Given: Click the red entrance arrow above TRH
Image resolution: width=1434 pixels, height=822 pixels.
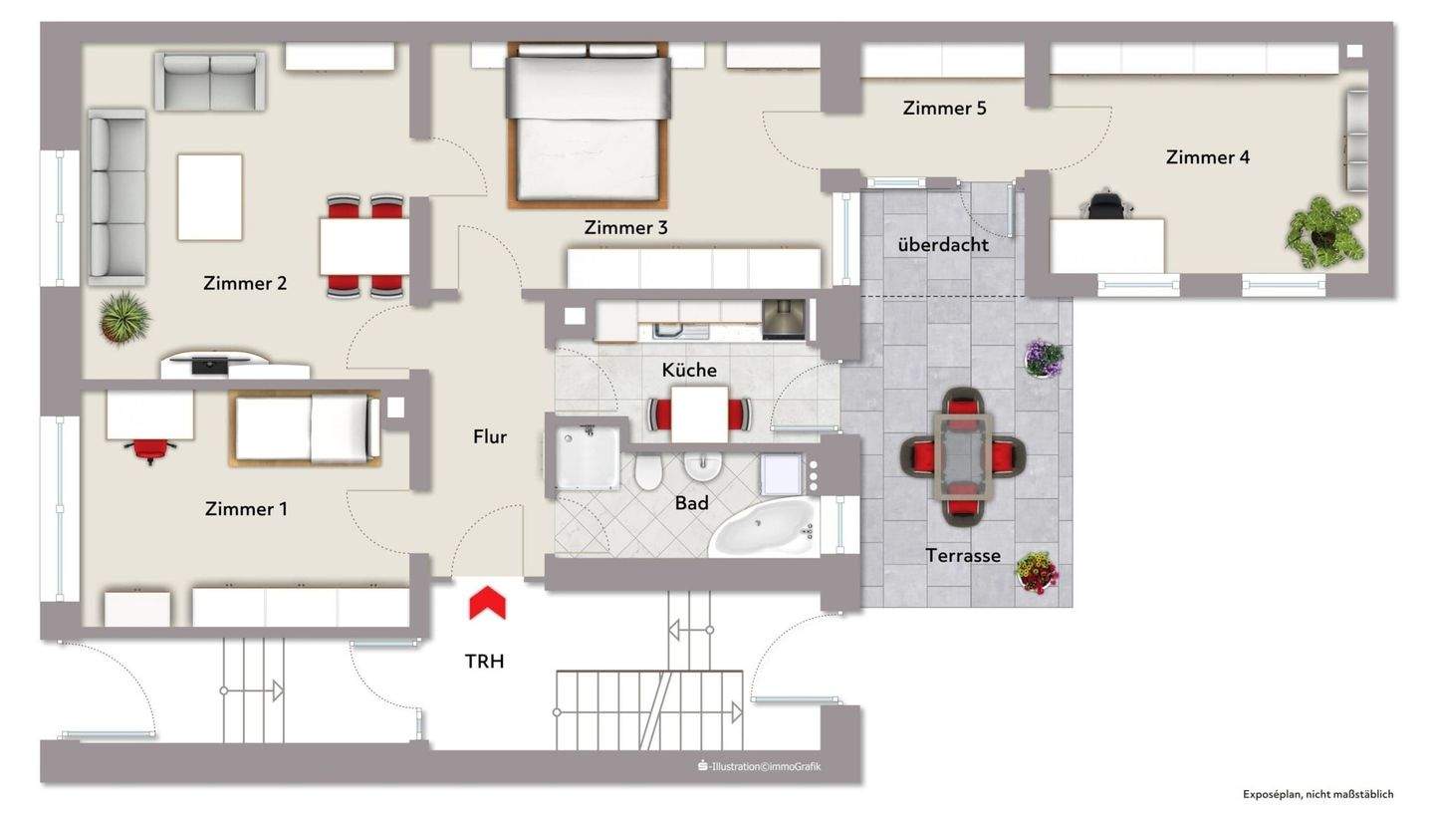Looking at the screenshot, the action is [487, 603].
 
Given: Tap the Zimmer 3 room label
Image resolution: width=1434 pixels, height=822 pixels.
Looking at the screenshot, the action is [625, 227].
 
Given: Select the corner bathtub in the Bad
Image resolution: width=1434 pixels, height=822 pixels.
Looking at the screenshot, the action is [765, 527].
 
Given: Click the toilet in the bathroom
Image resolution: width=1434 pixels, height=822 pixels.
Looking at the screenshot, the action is [648, 471].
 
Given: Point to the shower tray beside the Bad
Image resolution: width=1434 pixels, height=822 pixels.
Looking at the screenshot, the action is [588, 457].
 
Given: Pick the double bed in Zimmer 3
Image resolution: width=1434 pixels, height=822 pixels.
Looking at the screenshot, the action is [589, 125].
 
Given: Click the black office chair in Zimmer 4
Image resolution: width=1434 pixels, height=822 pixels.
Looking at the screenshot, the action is [1105, 204].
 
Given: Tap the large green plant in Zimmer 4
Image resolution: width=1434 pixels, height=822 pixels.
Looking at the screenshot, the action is [1323, 231].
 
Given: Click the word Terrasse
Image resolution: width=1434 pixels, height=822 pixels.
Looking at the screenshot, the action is [963, 556].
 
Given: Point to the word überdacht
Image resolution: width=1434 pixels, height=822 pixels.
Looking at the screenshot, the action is [943, 244].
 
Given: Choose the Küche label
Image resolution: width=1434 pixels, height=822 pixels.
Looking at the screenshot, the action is [689, 370].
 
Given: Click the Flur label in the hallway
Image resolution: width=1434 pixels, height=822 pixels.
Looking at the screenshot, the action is [490, 437].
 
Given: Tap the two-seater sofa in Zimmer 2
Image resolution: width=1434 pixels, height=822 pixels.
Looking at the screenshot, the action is [210, 81].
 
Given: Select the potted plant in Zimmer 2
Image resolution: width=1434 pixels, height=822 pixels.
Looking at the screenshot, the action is [124, 317].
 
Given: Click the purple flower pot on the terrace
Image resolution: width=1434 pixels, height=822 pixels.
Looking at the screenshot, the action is [1044, 358].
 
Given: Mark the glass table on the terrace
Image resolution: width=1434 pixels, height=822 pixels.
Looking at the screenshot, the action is [964, 455].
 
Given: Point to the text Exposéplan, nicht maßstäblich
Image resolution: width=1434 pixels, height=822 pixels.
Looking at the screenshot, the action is [1318, 794].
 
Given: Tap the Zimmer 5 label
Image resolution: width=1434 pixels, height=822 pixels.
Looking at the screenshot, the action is [944, 109].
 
